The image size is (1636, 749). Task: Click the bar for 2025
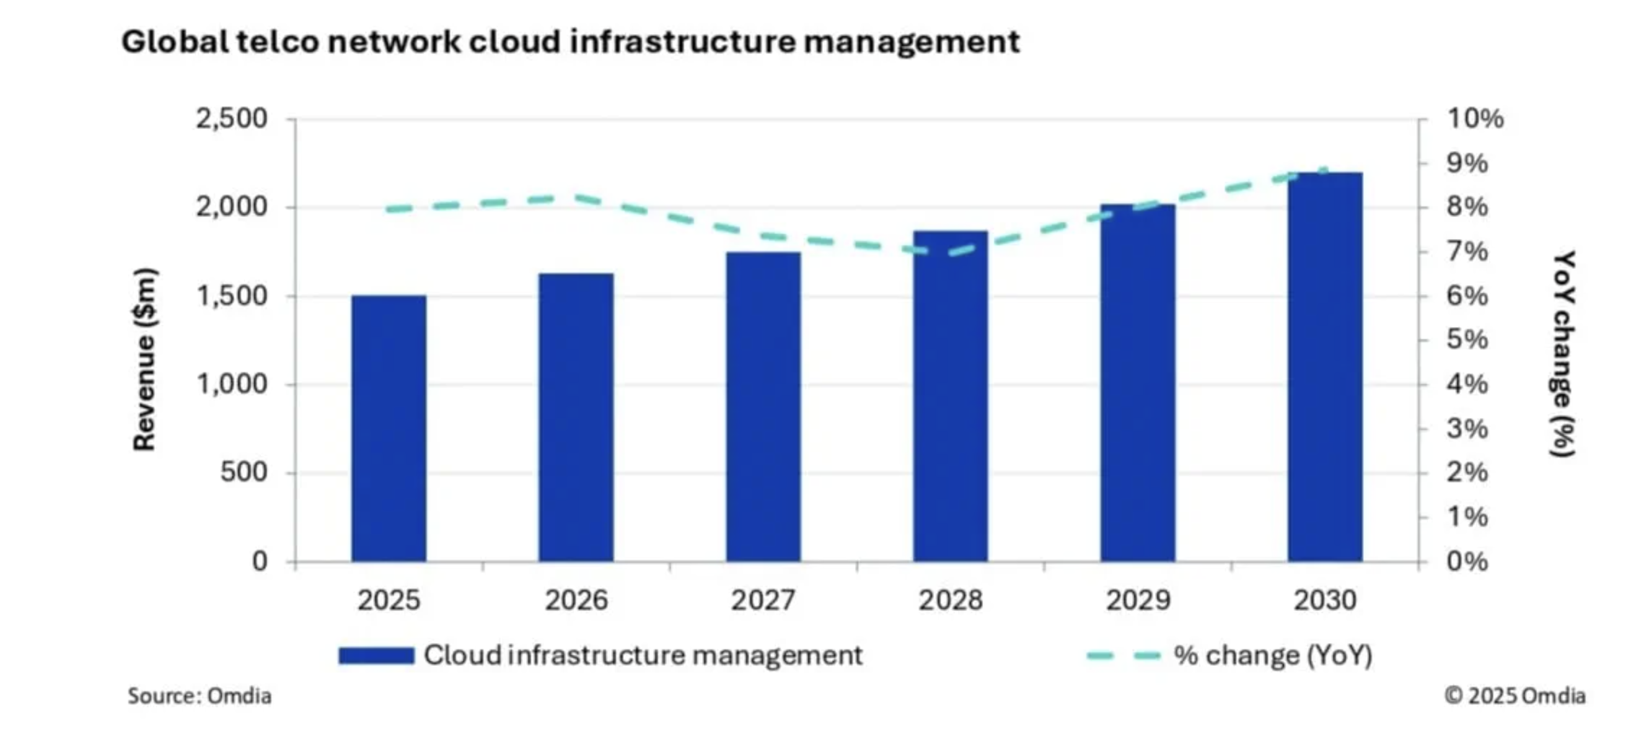click(389, 429)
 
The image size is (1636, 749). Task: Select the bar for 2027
click(763, 407)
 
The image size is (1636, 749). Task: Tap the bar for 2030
click(1325, 367)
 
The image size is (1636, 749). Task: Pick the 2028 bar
click(950, 396)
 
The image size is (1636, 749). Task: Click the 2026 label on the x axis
click(576, 600)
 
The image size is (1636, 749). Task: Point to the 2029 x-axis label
click(1138, 600)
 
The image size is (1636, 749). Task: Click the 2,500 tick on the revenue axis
click(232, 118)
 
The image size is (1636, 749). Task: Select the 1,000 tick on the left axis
click(232, 385)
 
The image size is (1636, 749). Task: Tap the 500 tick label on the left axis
click(244, 473)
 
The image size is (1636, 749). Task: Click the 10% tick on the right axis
click(1475, 118)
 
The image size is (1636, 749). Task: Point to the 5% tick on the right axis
click(1467, 340)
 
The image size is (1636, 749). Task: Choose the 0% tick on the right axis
click(1467, 561)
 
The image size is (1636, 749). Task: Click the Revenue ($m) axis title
click(145, 359)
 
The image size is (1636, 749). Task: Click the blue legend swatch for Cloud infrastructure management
click(377, 655)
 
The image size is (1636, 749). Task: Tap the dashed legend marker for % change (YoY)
click(1123, 655)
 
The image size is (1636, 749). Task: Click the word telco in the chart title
click(278, 42)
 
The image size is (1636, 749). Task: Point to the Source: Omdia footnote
click(200, 696)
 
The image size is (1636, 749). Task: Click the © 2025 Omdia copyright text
click(1515, 696)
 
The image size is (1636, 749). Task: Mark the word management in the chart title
click(912, 42)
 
